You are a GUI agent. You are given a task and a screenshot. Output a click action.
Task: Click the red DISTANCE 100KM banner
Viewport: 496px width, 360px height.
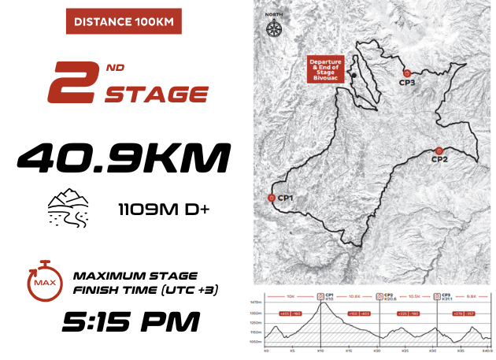point(123,21)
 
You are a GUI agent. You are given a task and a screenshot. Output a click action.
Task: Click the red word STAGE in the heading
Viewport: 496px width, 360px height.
point(157,95)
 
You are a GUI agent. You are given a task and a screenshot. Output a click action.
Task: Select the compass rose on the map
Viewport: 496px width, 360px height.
point(274,29)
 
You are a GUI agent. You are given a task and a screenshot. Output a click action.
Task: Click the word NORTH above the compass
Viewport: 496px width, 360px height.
point(274,13)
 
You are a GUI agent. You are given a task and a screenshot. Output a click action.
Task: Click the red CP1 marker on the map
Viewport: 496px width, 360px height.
point(272,198)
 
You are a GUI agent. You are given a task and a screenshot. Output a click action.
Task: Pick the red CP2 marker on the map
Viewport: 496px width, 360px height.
point(439,150)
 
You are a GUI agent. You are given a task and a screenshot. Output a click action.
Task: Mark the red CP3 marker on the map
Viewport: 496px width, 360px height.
point(407,73)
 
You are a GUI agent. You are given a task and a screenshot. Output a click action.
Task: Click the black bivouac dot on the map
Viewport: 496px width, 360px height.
point(355,76)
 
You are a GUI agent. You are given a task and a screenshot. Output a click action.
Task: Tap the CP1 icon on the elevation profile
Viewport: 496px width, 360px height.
point(320,296)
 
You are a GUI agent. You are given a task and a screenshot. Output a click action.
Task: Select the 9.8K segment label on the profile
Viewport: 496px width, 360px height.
point(470,296)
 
